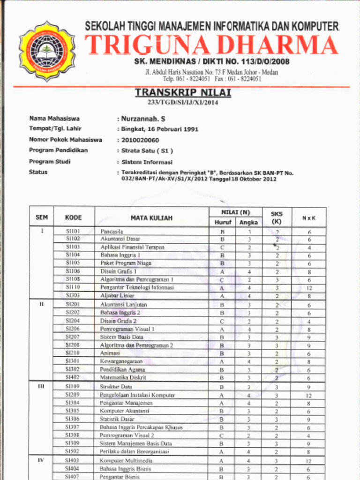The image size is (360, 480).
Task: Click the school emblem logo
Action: [x=47, y=51]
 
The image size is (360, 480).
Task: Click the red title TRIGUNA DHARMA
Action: [x=211, y=45]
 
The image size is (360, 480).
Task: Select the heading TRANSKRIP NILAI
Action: [x=183, y=93]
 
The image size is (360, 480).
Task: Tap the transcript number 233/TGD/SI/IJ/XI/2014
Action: [x=183, y=103]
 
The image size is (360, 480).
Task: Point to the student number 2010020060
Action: [x=140, y=140]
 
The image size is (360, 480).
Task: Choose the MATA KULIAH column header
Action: [x=151, y=217]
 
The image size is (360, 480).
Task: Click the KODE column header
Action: [x=74, y=217]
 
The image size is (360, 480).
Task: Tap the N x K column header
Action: [x=308, y=217]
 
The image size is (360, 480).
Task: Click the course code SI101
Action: [x=73, y=231]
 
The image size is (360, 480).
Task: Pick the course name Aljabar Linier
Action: [x=117, y=296]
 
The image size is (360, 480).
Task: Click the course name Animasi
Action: [x=110, y=353]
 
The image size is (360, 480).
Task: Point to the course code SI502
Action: [x=73, y=451]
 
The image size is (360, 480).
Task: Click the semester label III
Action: [x=41, y=386]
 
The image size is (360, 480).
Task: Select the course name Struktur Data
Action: [x=116, y=387]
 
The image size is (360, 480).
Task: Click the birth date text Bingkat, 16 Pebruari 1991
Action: [x=159, y=129]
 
